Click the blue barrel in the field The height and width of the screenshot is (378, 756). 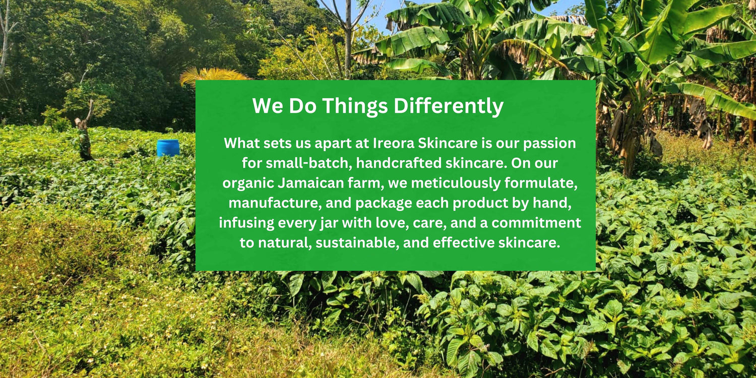tap(168, 148)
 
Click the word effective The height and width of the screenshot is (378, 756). tap(463, 242)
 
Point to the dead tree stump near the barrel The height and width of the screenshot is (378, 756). tap(84, 133)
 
